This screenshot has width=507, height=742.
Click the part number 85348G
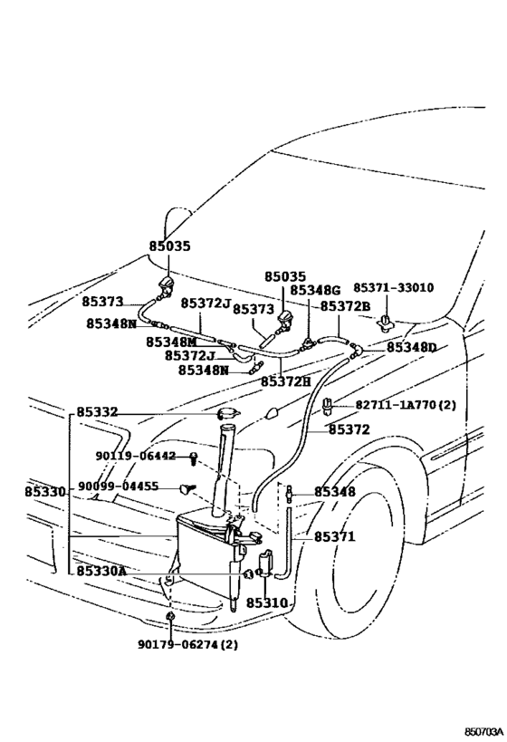click(314, 290)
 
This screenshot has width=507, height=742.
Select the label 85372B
click(345, 306)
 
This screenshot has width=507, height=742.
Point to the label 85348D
click(411, 347)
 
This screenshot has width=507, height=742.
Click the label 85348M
click(171, 342)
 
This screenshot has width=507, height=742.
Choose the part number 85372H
click(285, 381)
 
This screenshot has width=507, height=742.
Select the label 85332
click(97, 412)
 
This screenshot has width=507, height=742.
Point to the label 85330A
click(101, 572)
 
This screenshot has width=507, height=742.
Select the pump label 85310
click(266, 602)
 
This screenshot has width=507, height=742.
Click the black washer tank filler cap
click(227, 414)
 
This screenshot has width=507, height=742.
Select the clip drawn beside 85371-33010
click(387, 320)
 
